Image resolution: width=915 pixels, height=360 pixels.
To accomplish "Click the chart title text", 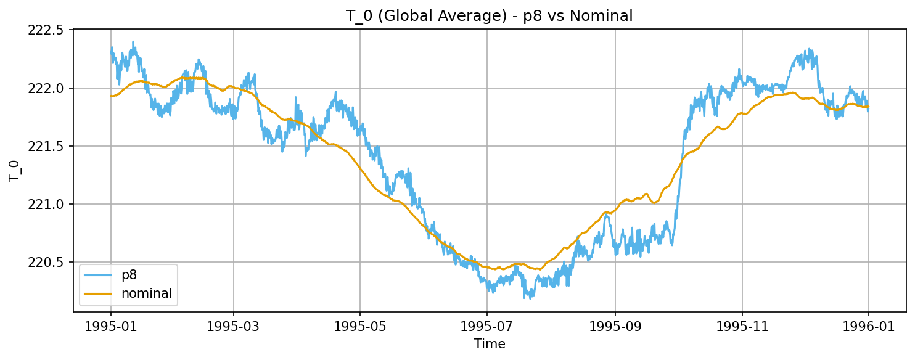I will pyautogui.click(x=490, y=17).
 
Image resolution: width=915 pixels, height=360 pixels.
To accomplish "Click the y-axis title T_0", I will pyautogui.click(x=15, y=171).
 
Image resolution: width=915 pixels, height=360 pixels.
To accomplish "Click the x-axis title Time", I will pyautogui.click(x=490, y=344).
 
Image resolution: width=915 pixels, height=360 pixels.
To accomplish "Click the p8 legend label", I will pyautogui.click(x=129, y=276).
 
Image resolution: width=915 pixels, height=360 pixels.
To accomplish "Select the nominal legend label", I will pyautogui.click(x=147, y=293).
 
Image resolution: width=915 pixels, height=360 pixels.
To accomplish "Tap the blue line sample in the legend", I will pyautogui.click(x=97, y=276).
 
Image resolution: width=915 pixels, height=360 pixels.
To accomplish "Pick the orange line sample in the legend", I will pyautogui.click(x=97, y=293).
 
